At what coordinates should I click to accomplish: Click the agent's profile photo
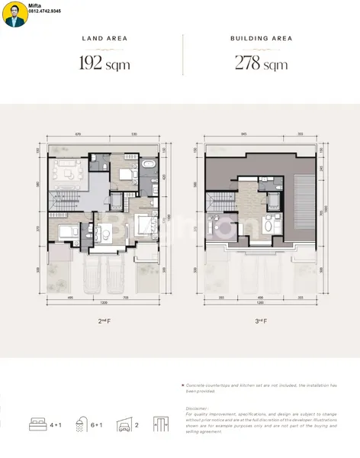point(14,15)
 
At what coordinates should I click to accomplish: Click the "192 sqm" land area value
point(104,63)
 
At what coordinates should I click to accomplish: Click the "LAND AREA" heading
point(104,37)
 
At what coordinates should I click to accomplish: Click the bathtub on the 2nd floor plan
point(148,164)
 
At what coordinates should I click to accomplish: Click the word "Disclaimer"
point(197,408)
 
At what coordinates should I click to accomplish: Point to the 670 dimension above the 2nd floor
point(78,135)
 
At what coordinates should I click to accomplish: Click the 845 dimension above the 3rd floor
point(243,135)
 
